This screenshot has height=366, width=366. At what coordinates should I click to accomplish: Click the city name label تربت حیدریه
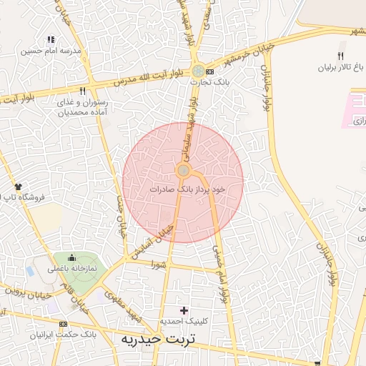[x=159, y=338]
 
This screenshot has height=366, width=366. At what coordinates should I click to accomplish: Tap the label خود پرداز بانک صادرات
[x=187, y=189]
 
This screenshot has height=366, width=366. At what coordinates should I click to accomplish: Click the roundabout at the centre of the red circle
[x=184, y=170]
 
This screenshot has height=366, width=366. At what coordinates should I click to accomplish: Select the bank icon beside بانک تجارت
[x=209, y=71]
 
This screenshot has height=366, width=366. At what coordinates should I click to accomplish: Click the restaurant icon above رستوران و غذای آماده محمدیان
[x=83, y=91]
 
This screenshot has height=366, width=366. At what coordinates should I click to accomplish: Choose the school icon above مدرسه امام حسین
[x=50, y=40]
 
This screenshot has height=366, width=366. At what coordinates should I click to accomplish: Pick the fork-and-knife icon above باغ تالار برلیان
[x=340, y=57]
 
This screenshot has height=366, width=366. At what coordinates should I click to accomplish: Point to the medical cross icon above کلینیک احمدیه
[x=184, y=310]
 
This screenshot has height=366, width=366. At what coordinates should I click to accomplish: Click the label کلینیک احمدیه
[x=184, y=321]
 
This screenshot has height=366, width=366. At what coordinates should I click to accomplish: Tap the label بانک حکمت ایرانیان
[x=63, y=334]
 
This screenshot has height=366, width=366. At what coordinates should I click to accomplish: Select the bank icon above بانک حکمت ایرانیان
[x=72, y=323]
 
